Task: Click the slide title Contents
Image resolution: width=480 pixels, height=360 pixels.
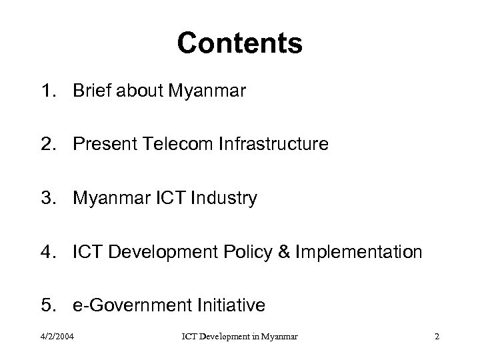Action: (x=239, y=44)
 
